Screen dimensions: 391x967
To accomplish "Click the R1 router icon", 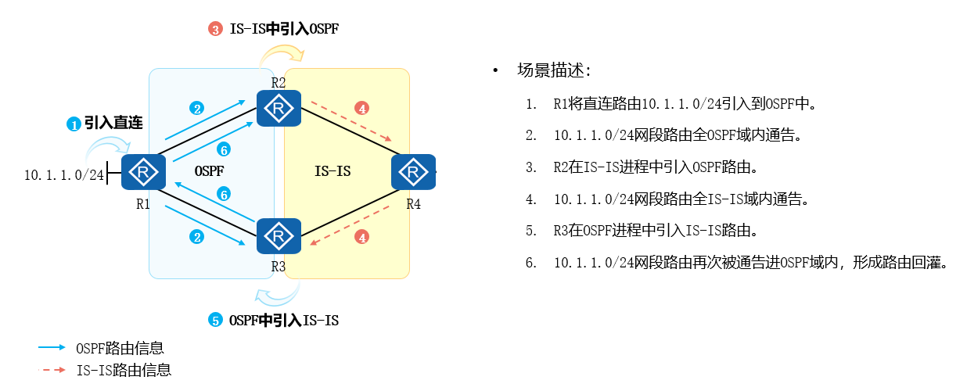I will coord(143,172).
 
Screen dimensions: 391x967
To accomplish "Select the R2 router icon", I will coord(279,109).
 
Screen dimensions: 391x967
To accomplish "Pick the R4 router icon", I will coord(413,172).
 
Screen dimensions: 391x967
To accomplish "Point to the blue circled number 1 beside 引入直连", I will coord(74,124).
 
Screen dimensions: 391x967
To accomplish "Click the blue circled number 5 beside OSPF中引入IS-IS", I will coord(215,320).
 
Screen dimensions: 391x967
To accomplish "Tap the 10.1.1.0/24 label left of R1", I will coord(64,174).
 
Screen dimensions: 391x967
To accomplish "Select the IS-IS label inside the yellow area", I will coord(333,170).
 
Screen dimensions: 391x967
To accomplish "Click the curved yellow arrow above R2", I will coord(282,55).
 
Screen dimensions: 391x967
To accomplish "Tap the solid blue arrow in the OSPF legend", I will coord(52,347).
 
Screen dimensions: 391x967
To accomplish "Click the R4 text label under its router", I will coord(413,204).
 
